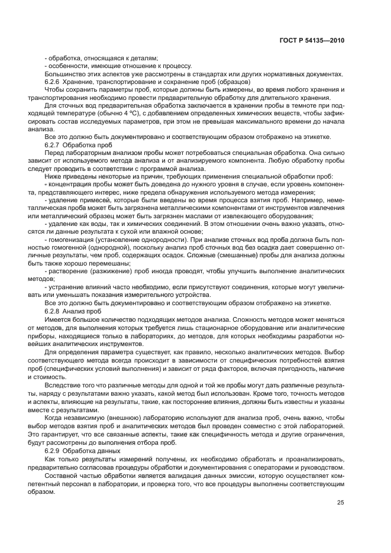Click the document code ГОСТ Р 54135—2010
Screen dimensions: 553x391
312,40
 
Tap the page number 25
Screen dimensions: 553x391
341,503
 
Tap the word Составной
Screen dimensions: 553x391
60,474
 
